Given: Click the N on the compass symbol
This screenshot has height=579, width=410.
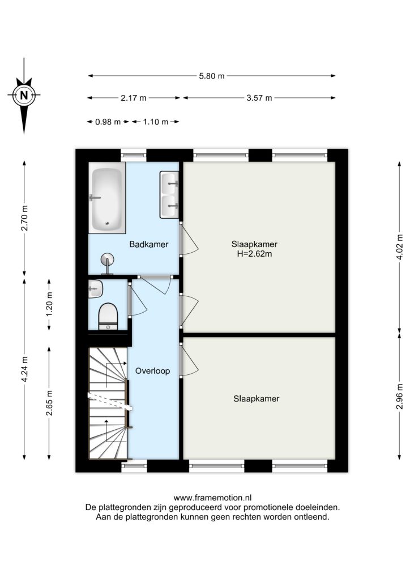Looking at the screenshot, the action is click(24, 95).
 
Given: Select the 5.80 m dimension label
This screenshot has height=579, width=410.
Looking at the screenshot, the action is click(212, 76).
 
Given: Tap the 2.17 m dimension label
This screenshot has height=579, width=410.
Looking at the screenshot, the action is click(134, 98).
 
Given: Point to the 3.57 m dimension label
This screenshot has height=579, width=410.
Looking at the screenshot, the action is click(259, 98).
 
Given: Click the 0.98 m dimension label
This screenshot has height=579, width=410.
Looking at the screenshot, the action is click(108, 122).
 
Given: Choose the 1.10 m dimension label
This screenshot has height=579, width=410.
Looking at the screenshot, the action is click(156, 122).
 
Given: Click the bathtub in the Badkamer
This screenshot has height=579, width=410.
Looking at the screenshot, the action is click(106, 198).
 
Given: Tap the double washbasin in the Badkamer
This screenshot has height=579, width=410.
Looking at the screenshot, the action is click(169, 195).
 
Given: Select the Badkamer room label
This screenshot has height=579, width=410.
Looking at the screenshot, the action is click(149, 244).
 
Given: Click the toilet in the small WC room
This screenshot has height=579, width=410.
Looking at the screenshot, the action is click(108, 316).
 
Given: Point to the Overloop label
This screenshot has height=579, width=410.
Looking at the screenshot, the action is click(153, 371).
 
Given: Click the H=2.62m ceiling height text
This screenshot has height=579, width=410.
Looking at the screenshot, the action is click(254, 254).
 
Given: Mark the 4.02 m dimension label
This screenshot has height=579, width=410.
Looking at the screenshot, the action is click(400, 247).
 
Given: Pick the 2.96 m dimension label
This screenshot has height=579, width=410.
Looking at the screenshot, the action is click(400, 396).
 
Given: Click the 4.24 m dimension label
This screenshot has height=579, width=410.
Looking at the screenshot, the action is click(24, 369).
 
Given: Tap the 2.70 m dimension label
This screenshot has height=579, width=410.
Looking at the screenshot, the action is click(24, 218).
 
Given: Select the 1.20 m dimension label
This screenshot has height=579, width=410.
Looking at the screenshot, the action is click(49, 304).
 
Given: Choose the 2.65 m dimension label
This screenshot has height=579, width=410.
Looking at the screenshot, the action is click(49, 403).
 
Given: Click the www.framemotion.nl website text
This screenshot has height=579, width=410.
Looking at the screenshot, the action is click(212, 498).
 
